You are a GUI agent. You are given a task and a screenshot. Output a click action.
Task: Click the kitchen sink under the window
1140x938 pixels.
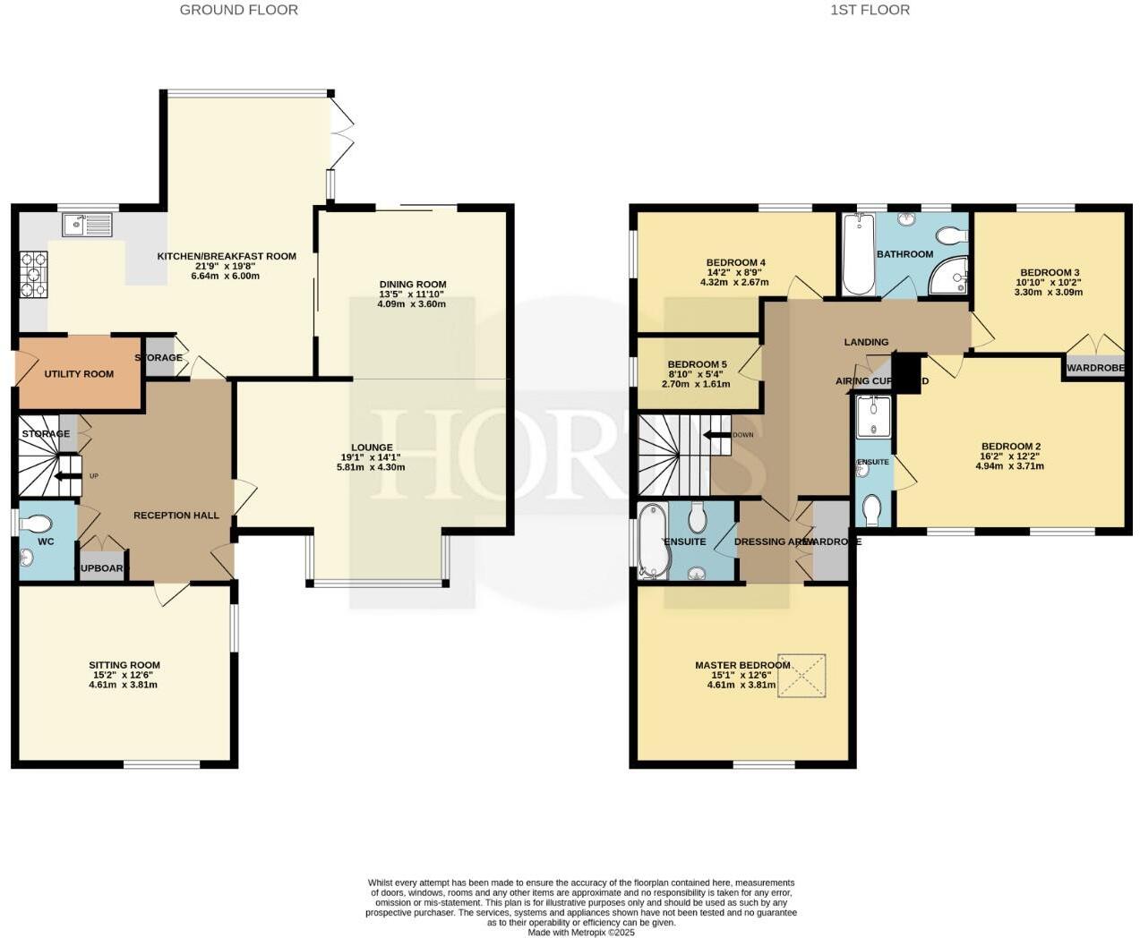(87, 225)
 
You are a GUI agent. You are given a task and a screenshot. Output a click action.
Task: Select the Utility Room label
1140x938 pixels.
(79, 374)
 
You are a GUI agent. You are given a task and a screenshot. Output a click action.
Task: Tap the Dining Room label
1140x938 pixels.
(412, 285)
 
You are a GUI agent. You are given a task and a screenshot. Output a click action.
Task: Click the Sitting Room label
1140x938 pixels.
(124, 665)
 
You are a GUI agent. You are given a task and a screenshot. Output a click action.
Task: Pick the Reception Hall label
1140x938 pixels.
(176, 516)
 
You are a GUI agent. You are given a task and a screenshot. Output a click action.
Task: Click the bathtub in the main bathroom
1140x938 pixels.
(859, 255)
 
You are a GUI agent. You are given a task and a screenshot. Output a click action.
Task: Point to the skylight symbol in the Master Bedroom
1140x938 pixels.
(801, 676)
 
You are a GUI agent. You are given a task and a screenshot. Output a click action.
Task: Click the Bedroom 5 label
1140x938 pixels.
(697, 364)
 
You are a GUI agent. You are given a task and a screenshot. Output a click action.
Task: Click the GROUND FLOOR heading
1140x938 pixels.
(239, 10)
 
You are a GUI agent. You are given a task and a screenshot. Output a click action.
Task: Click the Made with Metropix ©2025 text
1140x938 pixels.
(580, 933)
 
